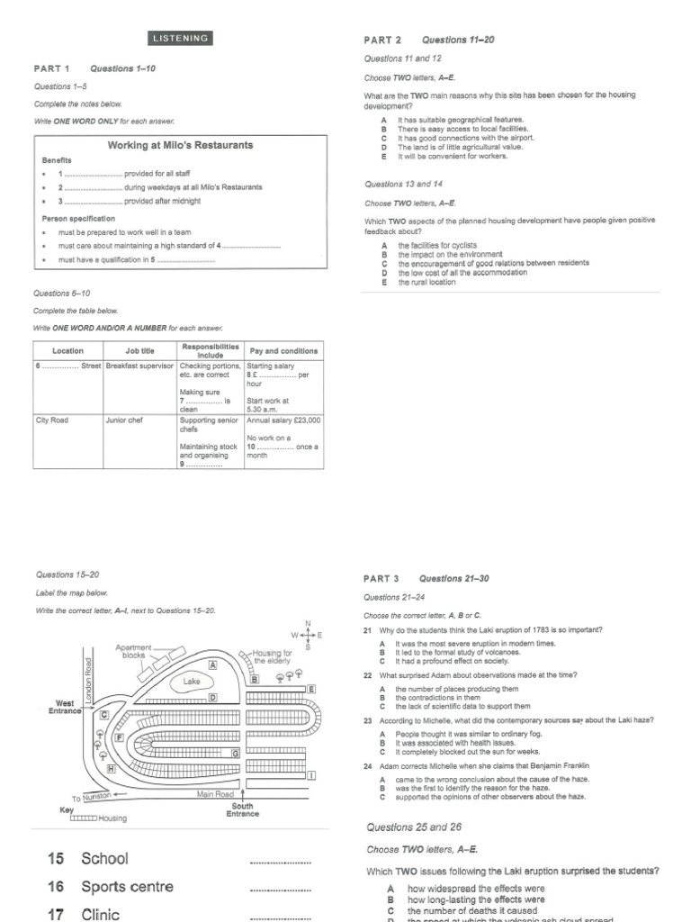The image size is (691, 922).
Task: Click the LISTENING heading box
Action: pyautogui.click(x=180, y=39)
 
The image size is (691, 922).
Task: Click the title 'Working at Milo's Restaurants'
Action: pyautogui.click(x=180, y=145)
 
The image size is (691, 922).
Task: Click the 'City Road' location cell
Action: pyautogui.click(x=52, y=420)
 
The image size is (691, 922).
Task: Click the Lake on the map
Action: pyautogui.click(x=192, y=682)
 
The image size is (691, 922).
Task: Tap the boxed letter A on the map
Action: pyautogui.click(x=213, y=664)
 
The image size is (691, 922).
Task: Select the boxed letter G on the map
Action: pyautogui.click(x=235, y=753)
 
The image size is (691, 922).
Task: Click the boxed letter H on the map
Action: pyautogui.click(x=112, y=769)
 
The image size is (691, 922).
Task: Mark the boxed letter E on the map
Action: pyautogui.click(x=311, y=689)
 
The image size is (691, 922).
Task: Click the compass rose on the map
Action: pyautogui.click(x=308, y=635)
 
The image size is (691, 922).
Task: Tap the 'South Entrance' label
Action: pyautogui.click(x=242, y=809)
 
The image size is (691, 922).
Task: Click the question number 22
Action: pyautogui.click(x=368, y=674)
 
